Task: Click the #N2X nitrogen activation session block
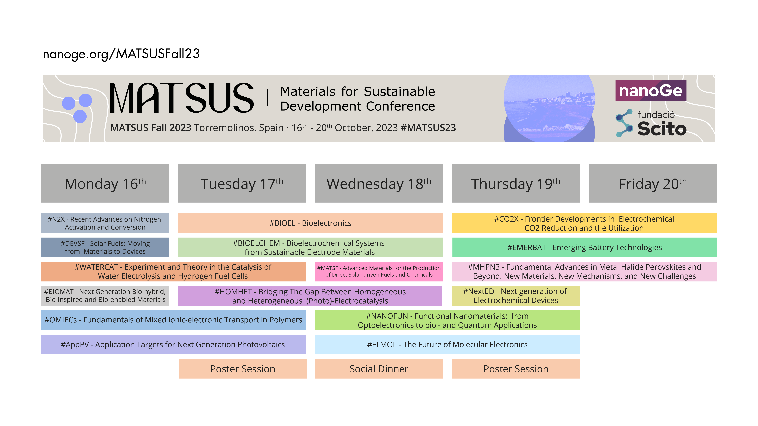105,223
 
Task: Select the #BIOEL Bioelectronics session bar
310,223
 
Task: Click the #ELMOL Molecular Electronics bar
447,344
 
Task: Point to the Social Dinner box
379,369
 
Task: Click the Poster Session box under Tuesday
243,369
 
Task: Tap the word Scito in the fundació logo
662,129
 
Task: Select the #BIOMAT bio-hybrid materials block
105,296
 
